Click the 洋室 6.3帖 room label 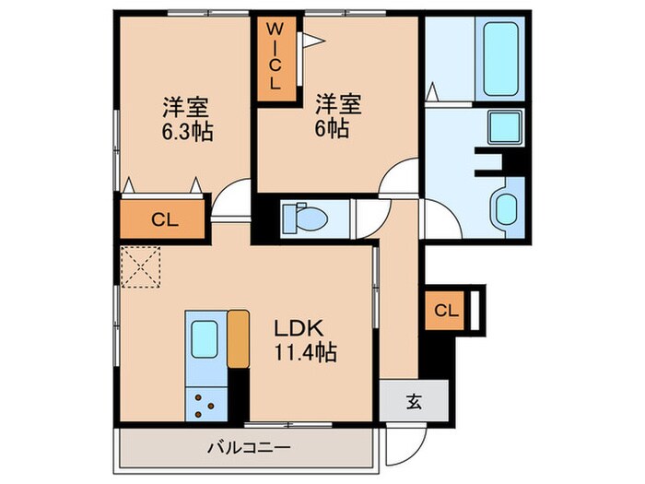click(x=189, y=118)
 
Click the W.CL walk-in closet click(x=275, y=58)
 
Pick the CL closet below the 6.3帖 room click(x=163, y=220)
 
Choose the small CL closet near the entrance click(x=445, y=311)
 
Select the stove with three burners click(x=204, y=401)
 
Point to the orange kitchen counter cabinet click(x=238, y=340)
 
